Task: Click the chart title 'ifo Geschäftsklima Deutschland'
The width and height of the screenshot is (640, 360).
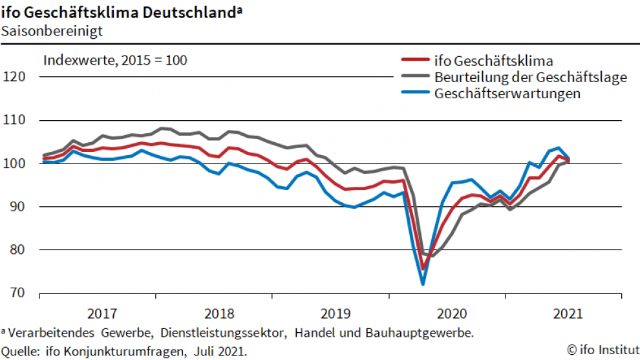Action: point(119,12)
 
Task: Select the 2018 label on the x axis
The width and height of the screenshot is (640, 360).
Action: point(219,314)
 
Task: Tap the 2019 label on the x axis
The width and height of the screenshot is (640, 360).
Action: point(335,314)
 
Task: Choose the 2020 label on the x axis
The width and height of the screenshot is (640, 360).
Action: point(451,314)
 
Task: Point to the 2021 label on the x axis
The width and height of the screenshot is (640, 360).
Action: point(568,314)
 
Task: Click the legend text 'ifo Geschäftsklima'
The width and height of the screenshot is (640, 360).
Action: point(495,62)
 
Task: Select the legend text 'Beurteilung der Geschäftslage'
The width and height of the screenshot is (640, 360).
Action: point(531,78)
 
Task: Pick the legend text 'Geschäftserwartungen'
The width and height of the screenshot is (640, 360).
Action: point(507,94)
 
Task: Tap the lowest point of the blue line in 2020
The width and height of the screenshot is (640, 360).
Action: point(423,284)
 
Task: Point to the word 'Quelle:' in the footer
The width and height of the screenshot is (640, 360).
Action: point(20,351)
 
